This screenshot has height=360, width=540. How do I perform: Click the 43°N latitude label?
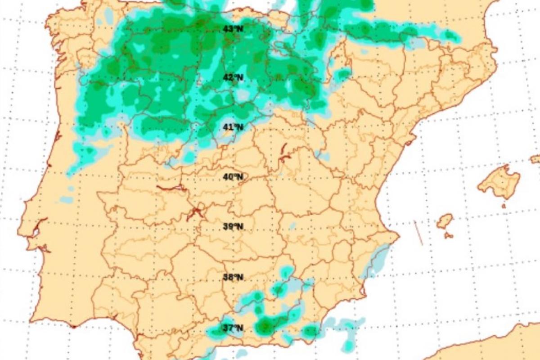[x=233, y=29]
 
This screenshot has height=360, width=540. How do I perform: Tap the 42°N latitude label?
[x=233, y=77]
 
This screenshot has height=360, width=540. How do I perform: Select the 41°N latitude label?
[x=233, y=127]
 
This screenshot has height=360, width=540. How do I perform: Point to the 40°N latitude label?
[x=233, y=177]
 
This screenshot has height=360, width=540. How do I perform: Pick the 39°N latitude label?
[x=233, y=227]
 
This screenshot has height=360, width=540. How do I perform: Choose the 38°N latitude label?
[x=233, y=277]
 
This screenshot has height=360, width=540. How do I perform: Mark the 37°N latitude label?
[x=233, y=328]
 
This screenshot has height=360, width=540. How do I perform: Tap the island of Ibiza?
[x=444, y=220]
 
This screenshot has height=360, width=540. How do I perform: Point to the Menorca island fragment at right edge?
[x=535, y=159]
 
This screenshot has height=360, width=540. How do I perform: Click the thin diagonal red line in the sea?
[x=418, y=233]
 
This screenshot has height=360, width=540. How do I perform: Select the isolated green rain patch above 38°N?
[x=285, y=272]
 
